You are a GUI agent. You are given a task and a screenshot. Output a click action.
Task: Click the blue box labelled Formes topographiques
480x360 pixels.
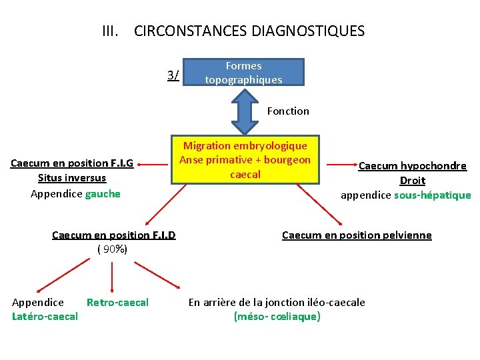tap(243, 73)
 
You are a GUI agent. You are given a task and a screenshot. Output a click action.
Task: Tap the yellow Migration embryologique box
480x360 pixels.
tap(245, 160)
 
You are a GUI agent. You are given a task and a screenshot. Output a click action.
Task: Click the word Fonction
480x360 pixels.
tap(288, 111)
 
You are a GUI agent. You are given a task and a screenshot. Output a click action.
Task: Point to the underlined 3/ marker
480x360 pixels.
tap(173, 75)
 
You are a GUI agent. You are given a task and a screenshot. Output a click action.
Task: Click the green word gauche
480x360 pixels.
tap(103, 193)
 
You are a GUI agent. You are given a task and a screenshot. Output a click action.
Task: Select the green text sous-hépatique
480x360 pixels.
tap(432, 195)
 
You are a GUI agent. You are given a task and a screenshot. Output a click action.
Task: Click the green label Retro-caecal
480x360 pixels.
tap(117, 303)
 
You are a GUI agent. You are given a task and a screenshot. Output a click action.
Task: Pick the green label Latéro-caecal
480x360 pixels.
tap(45, 316)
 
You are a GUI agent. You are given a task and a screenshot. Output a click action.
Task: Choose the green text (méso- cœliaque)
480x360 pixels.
tap(277, 316)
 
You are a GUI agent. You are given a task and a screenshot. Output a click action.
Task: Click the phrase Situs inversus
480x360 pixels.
tap(72, 178)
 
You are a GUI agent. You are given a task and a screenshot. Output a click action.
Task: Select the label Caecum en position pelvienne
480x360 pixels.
tap(357, 235)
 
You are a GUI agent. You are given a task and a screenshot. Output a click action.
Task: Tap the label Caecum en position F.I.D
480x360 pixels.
tap(113, 235)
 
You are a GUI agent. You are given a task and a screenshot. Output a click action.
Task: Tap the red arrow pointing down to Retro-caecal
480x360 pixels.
tap(111, 275)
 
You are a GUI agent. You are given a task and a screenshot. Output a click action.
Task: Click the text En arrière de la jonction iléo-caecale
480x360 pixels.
tap(277, 303)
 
